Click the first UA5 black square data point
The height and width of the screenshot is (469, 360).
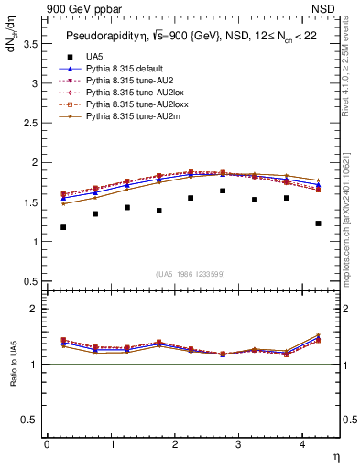click(63, 227)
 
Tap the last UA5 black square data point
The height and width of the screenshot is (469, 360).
click(318, 224)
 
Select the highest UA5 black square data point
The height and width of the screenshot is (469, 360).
click(223, 191)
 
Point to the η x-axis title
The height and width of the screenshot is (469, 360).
click(335, 456)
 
